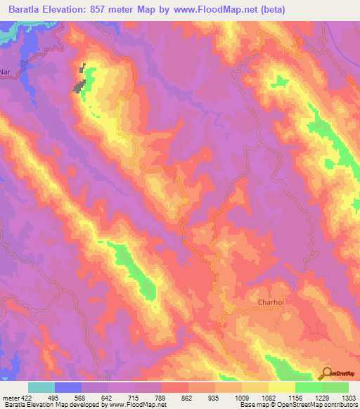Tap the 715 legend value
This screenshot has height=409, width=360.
pyautogui.click(x=120, y=397)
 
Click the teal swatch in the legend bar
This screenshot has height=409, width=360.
pyautogui.click(x=41, y=387)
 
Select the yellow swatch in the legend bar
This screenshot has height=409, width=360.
pyautogui.click(x=282, y=387)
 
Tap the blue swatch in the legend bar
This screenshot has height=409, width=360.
pyautogui.click(x=68, y=387)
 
